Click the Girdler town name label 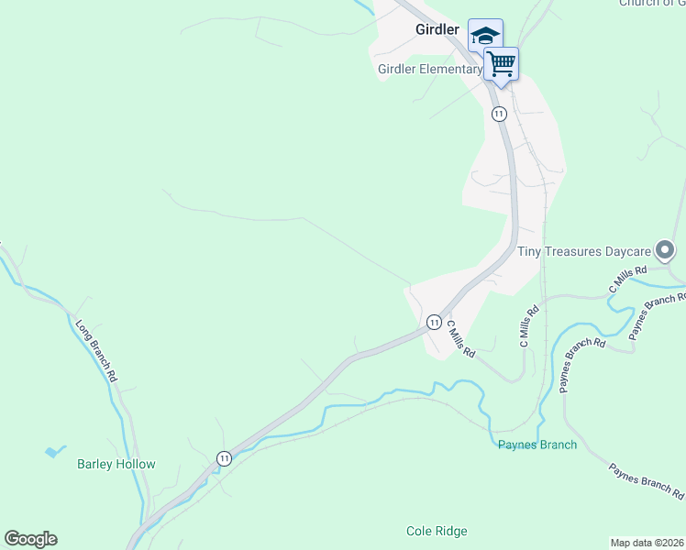(437, 29)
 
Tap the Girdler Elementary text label (429, 70)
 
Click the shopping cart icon (501, 64)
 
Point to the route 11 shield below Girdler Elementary (498, 114)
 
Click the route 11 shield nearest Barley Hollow (224, 457)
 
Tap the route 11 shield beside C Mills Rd (434, 322)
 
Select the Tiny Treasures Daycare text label (584, 251)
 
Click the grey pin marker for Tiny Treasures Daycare (666, 249)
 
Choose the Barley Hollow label (116, 465)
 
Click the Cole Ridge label (437, 532)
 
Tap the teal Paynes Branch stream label (537, 445)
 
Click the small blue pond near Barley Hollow (54, 452)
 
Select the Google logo (30, 539)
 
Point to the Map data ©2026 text (647, 543)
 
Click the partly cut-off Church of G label (652, 4)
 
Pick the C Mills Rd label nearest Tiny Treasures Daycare (628, 280)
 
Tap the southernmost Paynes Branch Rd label (646, 481)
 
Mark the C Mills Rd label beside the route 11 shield (460, 338)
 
